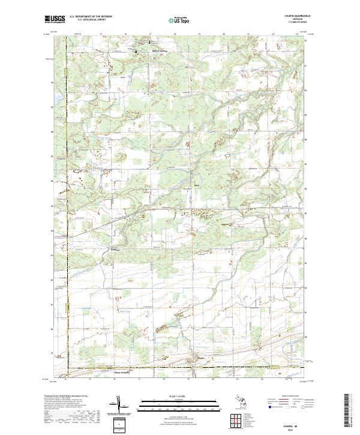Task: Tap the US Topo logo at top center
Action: click(180, 20)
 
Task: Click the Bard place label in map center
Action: click(196, 185)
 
